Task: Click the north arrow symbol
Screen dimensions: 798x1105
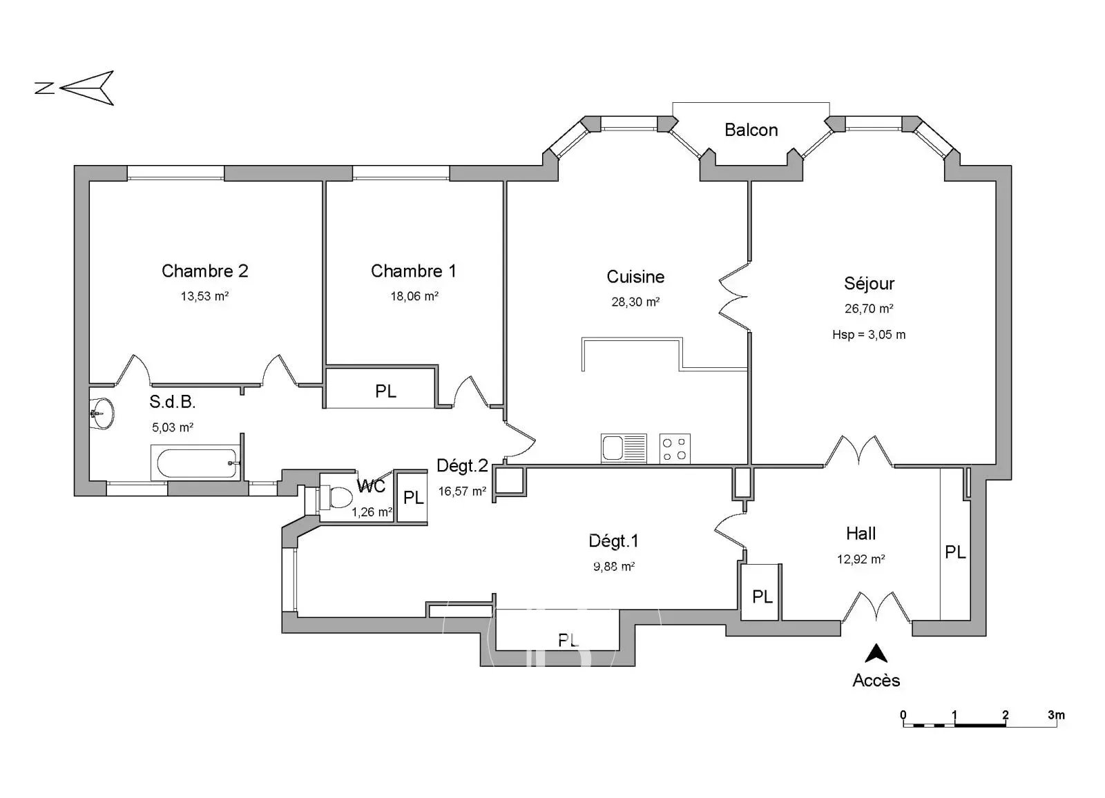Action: click(x=86, y=88)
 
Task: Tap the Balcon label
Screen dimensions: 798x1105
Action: click(x=751, y=130)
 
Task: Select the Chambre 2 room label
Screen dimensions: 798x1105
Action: click(x=204, y=271)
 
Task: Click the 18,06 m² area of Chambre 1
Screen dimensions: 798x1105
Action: click(x=414, y=296)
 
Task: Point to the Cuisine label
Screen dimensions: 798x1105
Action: click(x=635, y=277)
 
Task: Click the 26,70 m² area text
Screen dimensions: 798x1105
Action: click(x=869, y=309)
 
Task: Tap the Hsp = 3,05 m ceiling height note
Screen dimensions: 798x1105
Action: click(x=869, y=335)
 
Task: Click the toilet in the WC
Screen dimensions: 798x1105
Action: click(x=338, y=497)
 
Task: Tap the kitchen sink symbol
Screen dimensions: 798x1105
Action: click(x=624, y=448)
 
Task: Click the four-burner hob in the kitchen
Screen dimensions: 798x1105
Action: click(x=675, y=448)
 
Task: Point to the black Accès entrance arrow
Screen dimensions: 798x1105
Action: click(x=876, y=653)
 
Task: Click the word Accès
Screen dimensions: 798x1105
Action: click(x=876, y=681)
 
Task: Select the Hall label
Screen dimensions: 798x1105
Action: click(x=861, y=534)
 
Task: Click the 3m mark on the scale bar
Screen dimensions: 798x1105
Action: click(x=1055, y=715)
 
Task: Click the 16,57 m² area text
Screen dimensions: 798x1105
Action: click(x=462, y=492)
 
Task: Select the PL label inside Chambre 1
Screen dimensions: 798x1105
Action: click(x=385, y=391)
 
